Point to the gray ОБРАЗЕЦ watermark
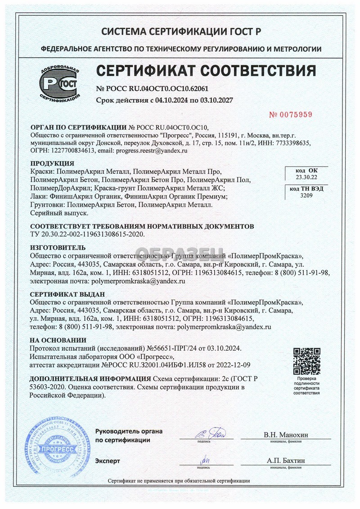[180, 255]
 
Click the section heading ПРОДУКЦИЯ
[52, 163]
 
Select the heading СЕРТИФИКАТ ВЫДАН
[67, 294]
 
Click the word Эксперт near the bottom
[108, 461]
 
